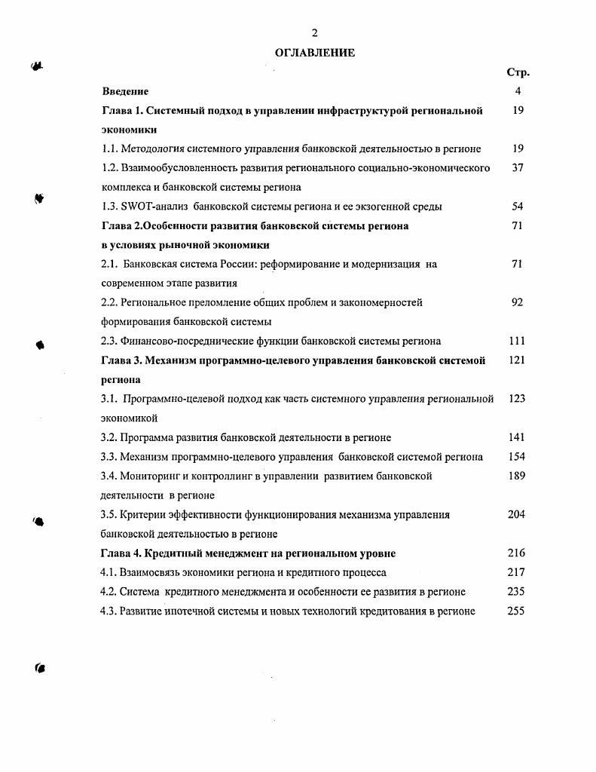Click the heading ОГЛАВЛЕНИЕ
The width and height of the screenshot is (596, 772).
tap(315, 53)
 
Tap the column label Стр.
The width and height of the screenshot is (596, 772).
tap(518, 72)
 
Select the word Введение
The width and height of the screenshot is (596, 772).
tap(125, 91)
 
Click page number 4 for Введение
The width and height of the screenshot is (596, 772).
tap(518, 91)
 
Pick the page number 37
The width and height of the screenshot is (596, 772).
tap(517, 168)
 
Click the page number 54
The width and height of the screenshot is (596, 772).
tap(517, 207)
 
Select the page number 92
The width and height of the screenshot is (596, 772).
tap(517, 302)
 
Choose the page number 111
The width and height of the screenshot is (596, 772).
tap(517, 341)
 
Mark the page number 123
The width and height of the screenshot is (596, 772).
tap(517, 399)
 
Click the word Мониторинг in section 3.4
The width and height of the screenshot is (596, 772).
tap(151, 476)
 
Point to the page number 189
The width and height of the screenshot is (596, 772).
tap(517, 476)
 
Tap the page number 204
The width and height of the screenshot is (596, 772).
tap(517, 514)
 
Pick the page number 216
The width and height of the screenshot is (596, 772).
tap(517, 553)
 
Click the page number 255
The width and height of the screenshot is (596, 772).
tap(517, 611)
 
